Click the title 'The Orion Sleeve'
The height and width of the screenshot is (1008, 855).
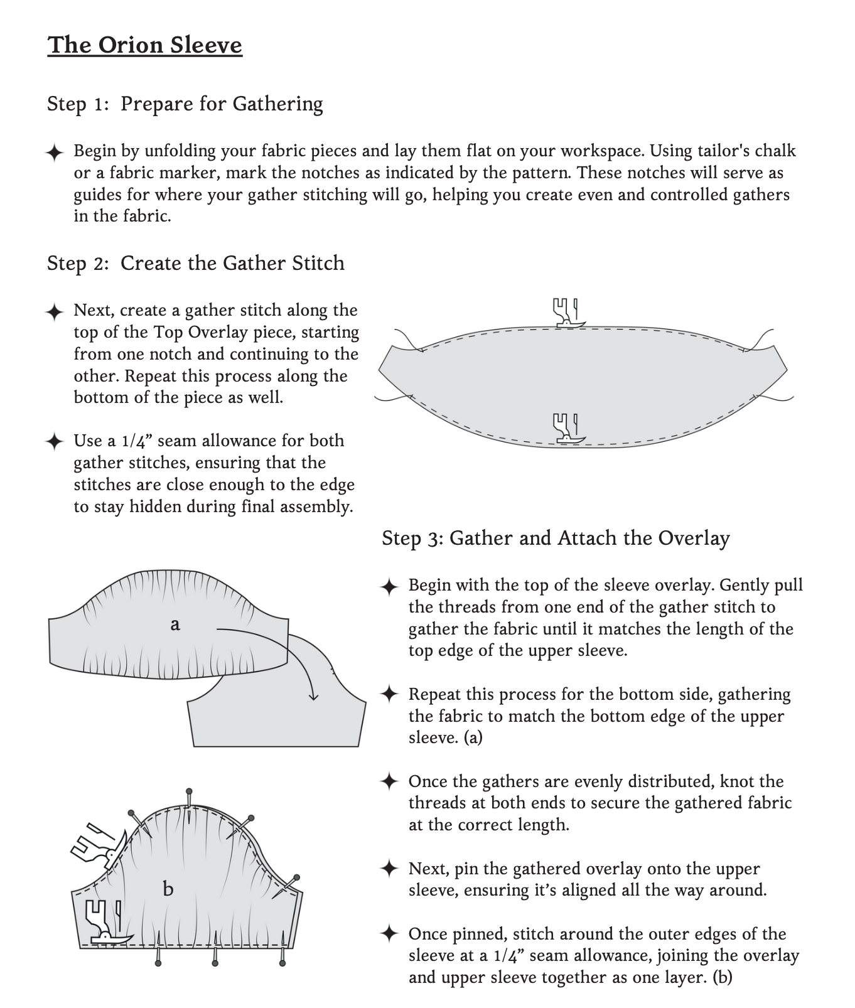pos(144,45)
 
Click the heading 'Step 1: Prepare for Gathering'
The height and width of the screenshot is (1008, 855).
pos(185,104)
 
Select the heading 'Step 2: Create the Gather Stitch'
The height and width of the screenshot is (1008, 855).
pos(195,263)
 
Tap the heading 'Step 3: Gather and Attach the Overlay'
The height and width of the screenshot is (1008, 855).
pos(556,538)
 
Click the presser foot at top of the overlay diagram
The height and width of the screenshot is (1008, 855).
pos(567,313)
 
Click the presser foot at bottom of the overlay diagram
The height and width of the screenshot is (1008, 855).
pos(567,429)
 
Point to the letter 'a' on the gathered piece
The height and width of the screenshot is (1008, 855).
pos(175,624)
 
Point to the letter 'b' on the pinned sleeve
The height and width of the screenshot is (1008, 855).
pos(168,889)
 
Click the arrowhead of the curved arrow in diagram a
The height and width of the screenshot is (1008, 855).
pos(313,696)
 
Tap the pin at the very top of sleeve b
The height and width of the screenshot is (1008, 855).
pos(188,794)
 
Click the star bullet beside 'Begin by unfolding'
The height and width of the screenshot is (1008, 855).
pos(55,152)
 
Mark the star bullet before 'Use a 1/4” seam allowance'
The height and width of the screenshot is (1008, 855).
pos(55,441)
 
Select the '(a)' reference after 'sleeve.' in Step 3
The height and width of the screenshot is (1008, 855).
pos(473,737)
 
